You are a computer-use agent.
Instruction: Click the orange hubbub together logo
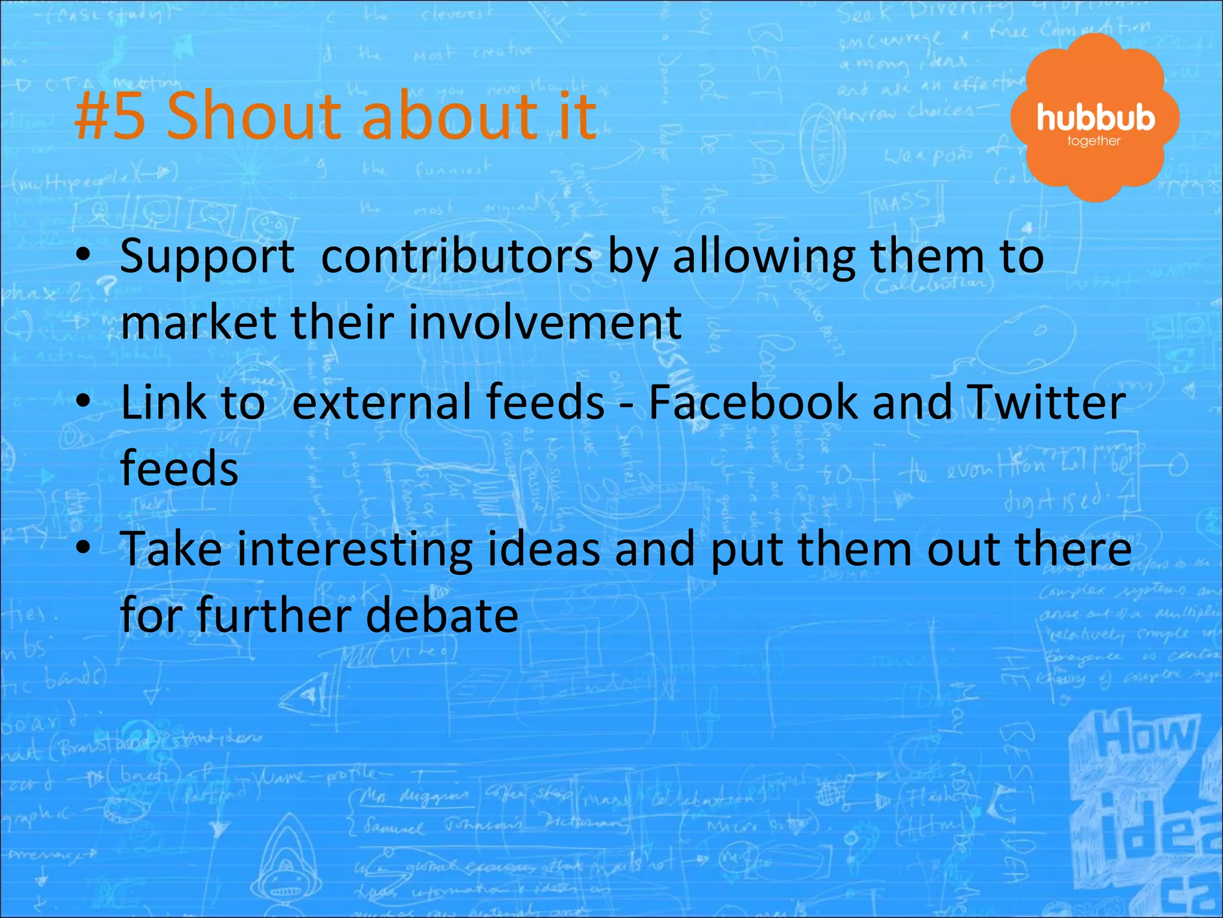1095,118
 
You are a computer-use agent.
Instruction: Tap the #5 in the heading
110,115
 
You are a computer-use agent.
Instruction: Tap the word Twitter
1045,402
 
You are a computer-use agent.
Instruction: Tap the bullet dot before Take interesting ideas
84,547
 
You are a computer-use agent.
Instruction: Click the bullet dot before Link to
84,400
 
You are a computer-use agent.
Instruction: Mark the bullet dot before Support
84,253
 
